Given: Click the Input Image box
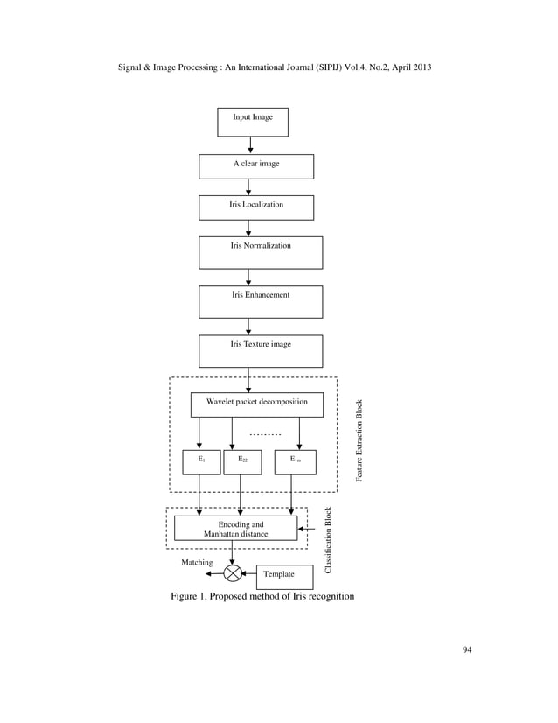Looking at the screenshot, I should [252, 122].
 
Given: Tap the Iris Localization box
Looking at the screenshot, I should [255, 207].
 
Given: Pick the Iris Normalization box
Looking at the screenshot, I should [261, 252].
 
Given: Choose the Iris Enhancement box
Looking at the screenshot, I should [261, 301].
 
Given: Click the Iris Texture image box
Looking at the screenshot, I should [261, 350].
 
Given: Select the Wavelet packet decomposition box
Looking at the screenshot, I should [256, 404].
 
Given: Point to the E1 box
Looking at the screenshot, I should [201, 461].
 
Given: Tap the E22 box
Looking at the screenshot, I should [242, 461].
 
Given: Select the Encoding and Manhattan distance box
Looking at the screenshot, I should [235, 529].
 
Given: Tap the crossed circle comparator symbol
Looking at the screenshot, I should [233, 573].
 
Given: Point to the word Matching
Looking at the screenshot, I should [197, 563].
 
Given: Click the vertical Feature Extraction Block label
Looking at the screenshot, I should [359, 440].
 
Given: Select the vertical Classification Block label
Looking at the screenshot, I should [328, 540].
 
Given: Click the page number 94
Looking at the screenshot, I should [466, 649].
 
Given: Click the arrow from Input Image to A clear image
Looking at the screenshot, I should [251, 145].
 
